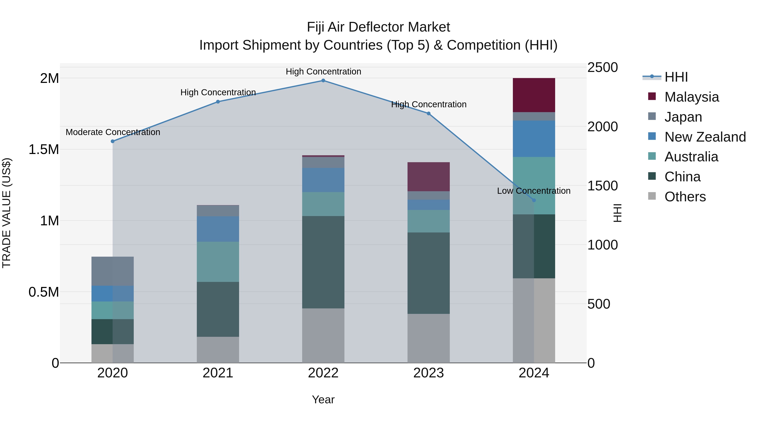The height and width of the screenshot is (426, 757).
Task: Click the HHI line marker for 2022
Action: point(323,81)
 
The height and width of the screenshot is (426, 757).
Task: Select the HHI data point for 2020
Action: point(112,141)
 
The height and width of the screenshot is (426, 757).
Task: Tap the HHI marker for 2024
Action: point(534,200)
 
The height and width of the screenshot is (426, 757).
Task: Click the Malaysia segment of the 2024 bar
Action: point(534,95)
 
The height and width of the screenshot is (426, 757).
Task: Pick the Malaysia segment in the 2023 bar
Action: point(429,177)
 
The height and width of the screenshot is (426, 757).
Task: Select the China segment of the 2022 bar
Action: point(323,262)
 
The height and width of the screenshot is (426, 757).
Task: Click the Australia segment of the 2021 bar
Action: point(218,262)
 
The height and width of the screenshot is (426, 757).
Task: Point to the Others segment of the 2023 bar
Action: point(429,338)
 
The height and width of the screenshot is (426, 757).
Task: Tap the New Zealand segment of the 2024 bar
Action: point(534,138)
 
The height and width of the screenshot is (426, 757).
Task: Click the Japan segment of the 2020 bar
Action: point(112,271)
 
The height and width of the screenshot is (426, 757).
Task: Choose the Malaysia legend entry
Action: point(691,97)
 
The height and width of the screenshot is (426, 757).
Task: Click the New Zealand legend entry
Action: point(705,137)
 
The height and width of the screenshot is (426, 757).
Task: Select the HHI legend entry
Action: point(676,77)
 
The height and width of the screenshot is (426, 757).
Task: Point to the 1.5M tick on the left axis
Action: point(44,150)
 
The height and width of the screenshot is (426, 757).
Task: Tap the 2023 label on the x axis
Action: point(429,373)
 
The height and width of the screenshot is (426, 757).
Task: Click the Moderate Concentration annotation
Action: point(113,132)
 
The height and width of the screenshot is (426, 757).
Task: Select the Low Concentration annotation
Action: point(534,191)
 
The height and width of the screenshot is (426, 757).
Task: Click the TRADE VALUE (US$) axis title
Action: point(7,213)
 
